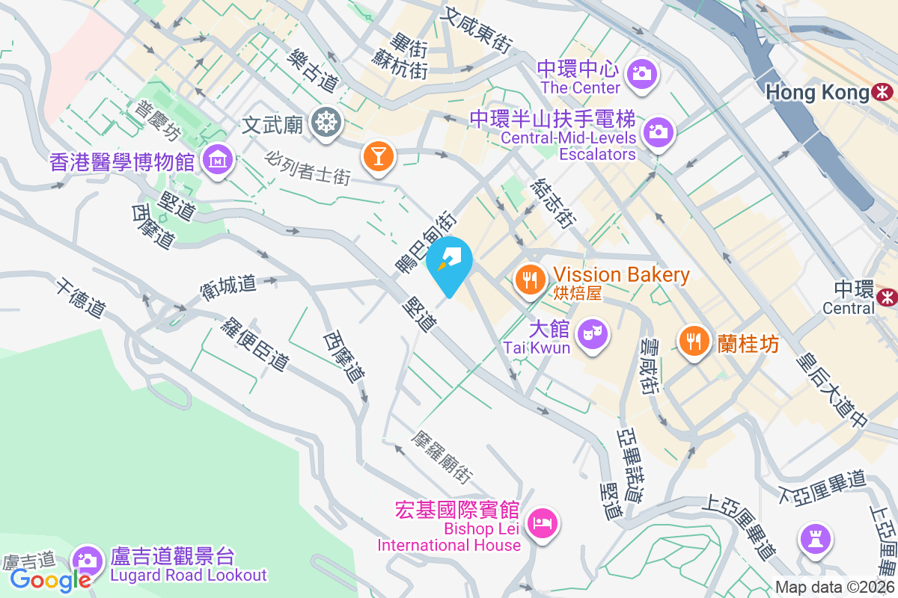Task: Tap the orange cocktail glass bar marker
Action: click(x=378, y=156)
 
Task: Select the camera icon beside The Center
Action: click(x=641, y=73)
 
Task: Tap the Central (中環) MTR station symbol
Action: click(x=888, y=297)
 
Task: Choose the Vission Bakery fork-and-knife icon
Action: click(x=531, y=280)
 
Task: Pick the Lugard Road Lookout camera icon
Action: click(x=88, y=560)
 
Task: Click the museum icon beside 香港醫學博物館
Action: click(x=217, y=159)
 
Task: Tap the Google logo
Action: click(x=50, y=579)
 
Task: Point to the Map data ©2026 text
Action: click(x=834, y=588)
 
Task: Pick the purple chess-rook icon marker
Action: click(x=813, y=537)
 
